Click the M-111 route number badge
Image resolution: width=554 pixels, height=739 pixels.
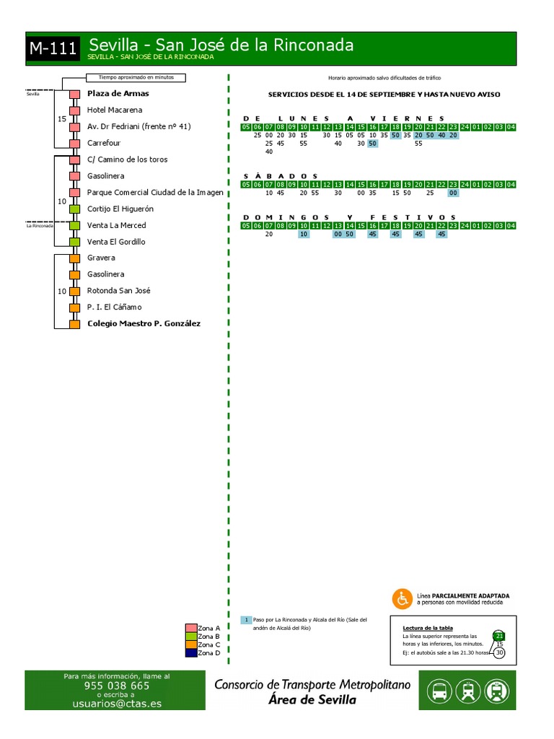(x=53, y=49)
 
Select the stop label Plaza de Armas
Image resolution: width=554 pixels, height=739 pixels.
(x=118, y=94)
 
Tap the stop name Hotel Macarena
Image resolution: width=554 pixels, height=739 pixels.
(x=114, y=110)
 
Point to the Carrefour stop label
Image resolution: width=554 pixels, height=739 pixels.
(x=105, y=143)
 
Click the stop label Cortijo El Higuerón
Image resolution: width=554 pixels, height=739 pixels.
(x=120, y=209)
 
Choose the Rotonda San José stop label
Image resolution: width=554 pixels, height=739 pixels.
(x=119, y=291)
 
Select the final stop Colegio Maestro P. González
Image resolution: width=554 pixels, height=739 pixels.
(x=144, y=324)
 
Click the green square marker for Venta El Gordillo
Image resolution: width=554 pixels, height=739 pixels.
(x=74, y=242)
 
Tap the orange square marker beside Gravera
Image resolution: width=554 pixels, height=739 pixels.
(x=74, y=258)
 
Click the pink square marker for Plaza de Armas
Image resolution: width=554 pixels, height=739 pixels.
(x=74, y=95)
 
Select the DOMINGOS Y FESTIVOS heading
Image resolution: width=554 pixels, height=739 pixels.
(x=349, y=217)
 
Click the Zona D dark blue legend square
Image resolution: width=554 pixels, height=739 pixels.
(x=191, y=653)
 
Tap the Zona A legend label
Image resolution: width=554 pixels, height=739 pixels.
(x=208, y=628)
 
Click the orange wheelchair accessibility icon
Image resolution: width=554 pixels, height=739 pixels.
(x=402, y=598)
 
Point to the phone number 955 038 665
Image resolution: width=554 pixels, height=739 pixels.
(x=117, y=686)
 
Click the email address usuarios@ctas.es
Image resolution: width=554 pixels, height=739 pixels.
(x=117, y=704)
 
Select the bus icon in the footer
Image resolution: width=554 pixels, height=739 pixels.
(x=439, y=691)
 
